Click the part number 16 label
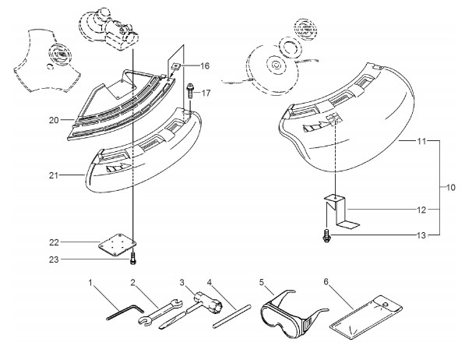pyautogui.click(x=205, y=66)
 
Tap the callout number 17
pyautogui.click(x=206, y=94)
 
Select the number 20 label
pyautogui.click(x=54, y=120)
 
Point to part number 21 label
pyautogui.click(x=54, y=175)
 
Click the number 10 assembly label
pyautogui.click(x=450, y=188)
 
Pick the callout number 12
pyautogui.click(x=421, y=210)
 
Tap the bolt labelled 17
pyautogui.click(x=190, y=91)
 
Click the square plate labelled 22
pyautogui.click(x=118, y=245)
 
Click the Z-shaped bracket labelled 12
pyautogui.click(x=341, y=212)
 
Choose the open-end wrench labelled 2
pyautogui.click(x=160, y=313)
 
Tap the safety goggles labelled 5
pyautogui.click(x=294, y=315)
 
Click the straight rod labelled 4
pyautogui.click(x=232, y=316)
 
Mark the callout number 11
pyautogui.click(x=421, y=141)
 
